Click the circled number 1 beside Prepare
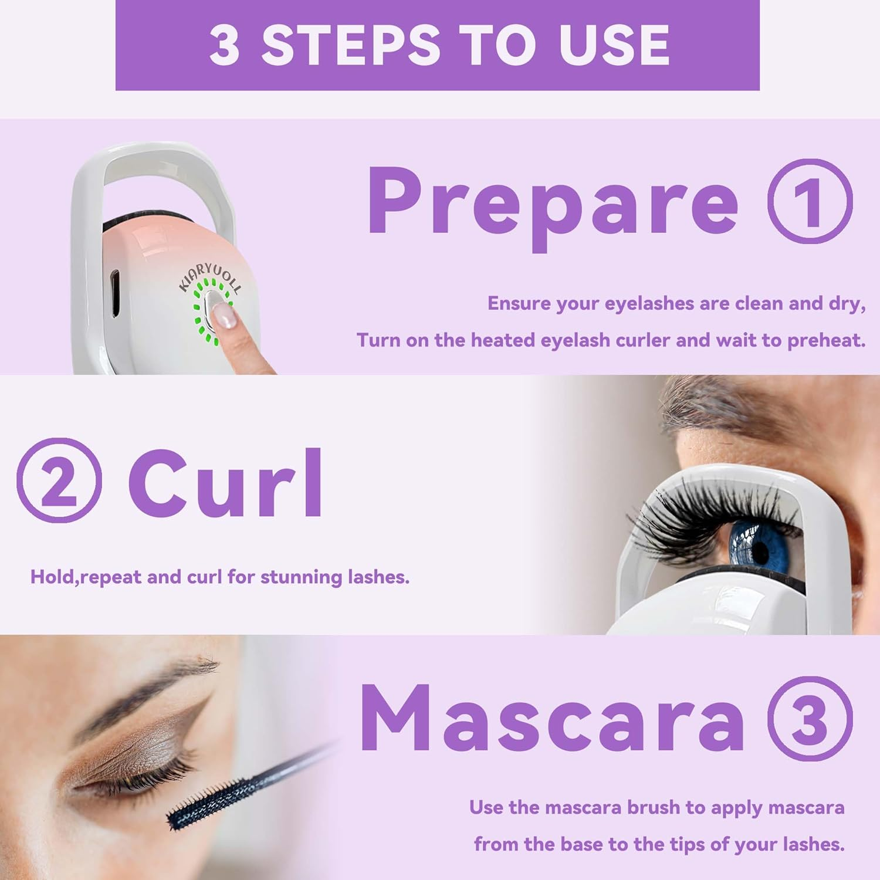pyautogui.click(x=810, y=201)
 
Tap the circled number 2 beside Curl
pyautogui.click(x=59, y=480)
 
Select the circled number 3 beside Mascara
pyautogui.click(x=810, y=719)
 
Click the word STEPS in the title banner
pyautogui.click(x=350, y=45)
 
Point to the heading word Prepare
pyautogui.click(x=551, y=202)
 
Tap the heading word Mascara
pyautogui.click(x=551, y=719)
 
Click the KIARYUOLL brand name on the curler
pyautogui.click(x=209, y=276)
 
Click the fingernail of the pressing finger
pyautogui.click(x=224, y=316)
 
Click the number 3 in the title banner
pyautogui.click(x=224, y=45)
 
